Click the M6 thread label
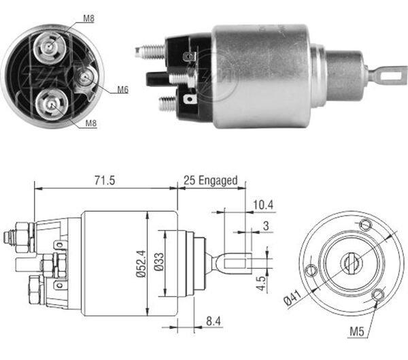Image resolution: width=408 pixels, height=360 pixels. pyautogui.click(x=122, y=89)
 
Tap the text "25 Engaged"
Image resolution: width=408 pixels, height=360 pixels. pyautogui.click(x=210, y=180)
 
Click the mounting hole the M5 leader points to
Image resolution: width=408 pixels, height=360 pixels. pyautogui.click(x=377, y=294)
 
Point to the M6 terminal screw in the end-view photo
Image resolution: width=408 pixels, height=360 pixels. pyautogui.click(x=84, y=80)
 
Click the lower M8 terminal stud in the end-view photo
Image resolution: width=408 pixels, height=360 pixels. pyautogui.click(x=52, y=103)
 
